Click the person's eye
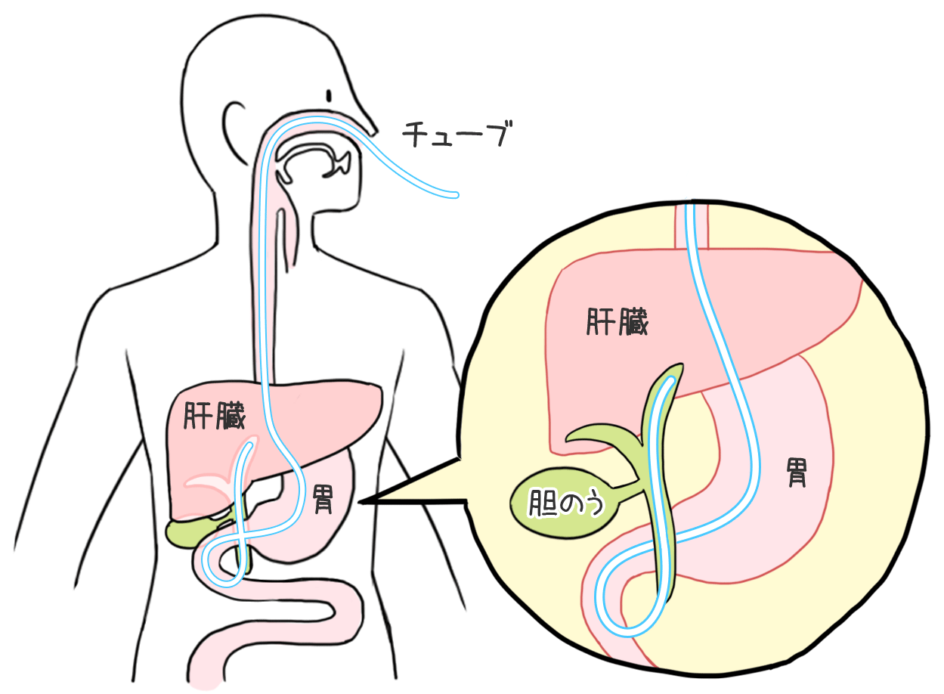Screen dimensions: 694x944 [330, 96]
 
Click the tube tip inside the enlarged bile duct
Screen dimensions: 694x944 [668, 383]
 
